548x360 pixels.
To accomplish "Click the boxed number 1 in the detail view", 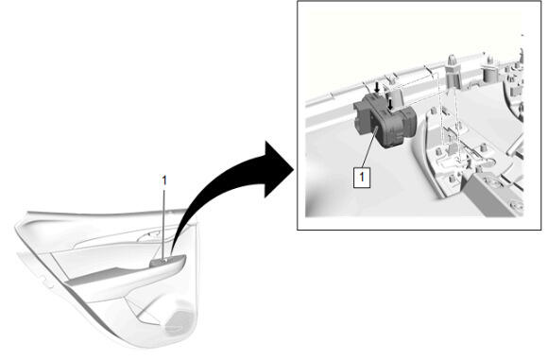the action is pos(362,178).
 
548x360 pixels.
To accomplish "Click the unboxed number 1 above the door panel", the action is pos(163,180).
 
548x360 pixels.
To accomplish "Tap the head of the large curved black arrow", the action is pos(278,169).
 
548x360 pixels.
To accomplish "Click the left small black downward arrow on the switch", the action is pos(377,87).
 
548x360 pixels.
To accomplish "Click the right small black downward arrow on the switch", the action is pos(391,104).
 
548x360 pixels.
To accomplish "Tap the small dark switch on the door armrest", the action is pos(159,263).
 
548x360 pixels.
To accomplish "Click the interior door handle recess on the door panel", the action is pos(151,237).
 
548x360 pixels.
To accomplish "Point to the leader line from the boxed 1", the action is pos(369,148).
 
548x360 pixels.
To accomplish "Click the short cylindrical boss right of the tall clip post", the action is pos(490,72).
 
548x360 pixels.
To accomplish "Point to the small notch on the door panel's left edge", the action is pos(44,280).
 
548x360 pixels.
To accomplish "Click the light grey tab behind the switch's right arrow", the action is pos(395,97).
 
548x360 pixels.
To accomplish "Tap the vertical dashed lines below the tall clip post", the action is pos(449,122).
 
